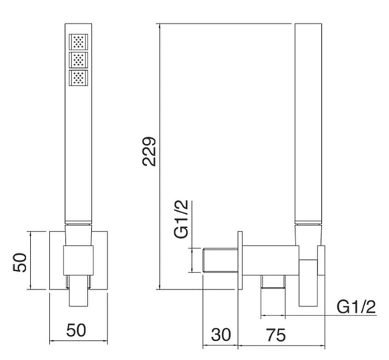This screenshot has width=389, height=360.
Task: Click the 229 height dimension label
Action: [x=149, y=151]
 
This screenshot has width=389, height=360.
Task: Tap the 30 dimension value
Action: [x=221, y=334]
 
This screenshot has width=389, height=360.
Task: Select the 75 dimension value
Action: [x=276, y=334]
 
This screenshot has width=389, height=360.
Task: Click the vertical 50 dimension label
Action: [x=20, y=262]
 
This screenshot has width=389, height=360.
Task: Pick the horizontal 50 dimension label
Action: [x=76, y=330]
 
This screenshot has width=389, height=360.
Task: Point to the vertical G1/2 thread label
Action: [x=181, y=219]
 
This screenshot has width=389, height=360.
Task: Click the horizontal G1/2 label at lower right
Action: [x=356, y=307]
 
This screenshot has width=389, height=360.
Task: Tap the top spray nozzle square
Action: [x=78, y=42]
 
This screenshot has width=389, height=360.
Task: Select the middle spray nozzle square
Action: [x=78, y=60]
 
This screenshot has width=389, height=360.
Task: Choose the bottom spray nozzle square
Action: [x=78, y=78]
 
